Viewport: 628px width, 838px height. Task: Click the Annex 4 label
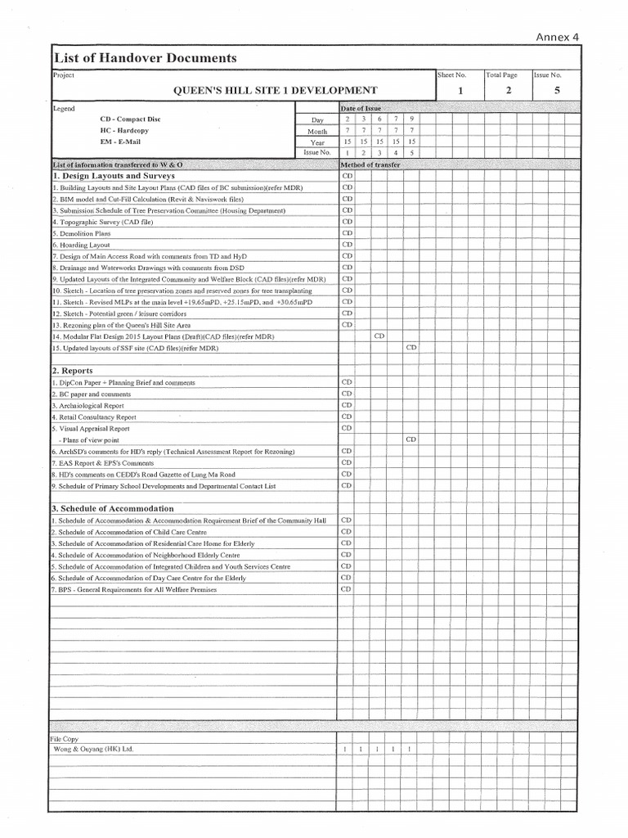(557, 36)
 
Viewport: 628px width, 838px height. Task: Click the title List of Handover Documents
(145, 58)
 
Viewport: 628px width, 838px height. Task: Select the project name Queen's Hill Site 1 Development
(274, 90)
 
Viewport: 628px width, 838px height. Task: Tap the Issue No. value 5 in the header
(557, 91)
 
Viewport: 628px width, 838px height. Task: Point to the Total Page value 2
(509, 91)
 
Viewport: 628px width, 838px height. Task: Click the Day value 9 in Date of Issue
(411, 119)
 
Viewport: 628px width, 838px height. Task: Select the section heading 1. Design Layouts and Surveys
(114, 176)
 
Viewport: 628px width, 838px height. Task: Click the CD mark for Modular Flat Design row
(379, 336)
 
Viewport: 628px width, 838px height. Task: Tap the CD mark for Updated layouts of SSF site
(411, 348)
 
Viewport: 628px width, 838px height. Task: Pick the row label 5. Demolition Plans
(82, 233)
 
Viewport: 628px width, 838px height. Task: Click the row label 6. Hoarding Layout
(82, 245)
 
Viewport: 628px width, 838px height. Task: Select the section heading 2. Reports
(73, 371)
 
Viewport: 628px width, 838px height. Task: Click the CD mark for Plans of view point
(411, 439)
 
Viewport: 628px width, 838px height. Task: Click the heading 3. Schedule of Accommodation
(113, 508)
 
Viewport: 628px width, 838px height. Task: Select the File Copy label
(65, 738)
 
